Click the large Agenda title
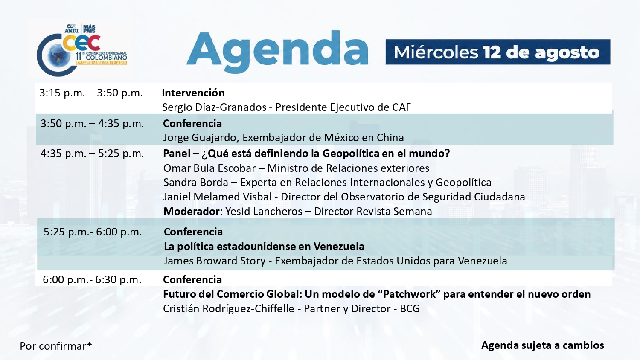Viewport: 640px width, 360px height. [x=277, y=52]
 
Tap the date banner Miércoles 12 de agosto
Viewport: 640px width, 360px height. [x=498, y=52]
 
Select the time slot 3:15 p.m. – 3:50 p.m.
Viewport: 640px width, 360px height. [x=91, y=93]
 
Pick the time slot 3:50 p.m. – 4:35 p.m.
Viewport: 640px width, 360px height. [x=92, y=123]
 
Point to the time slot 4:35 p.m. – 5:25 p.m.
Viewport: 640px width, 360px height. [x=92, y=154]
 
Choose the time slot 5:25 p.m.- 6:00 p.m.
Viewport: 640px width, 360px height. [x=93, y=232]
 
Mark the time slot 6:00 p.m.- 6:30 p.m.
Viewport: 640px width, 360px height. [x=92, y=279]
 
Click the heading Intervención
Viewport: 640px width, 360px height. [x=193, y=93]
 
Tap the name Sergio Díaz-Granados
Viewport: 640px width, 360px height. [x=214, y=107]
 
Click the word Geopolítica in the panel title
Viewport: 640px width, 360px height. [x=350, y=154]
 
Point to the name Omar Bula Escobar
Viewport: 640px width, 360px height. [x=209, y=168]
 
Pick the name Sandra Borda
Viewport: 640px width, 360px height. [x=196, y=183]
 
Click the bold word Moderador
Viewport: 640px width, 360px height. [x=192, y=212]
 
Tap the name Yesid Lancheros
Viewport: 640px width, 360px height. [x=264, y=212]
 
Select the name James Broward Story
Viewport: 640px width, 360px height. [x=215, y=261]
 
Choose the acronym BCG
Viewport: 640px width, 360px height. [x=410, y=309]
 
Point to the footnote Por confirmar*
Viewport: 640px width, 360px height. [x=56, y=346]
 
